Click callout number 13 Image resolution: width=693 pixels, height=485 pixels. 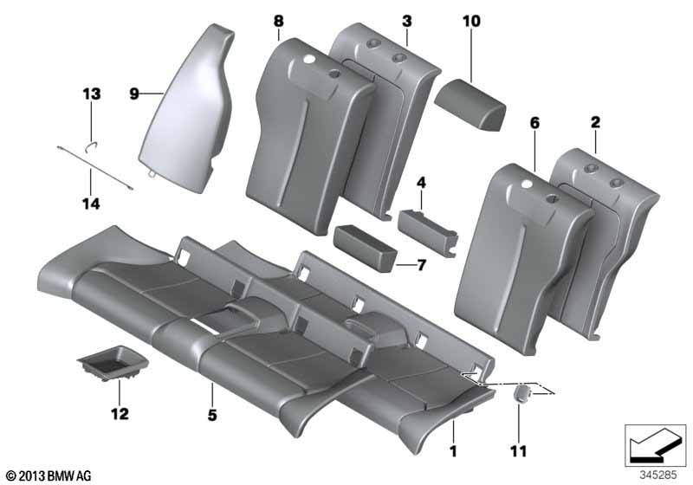pyautogui.click(x=92, y=93)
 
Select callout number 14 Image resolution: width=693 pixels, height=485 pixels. pyautogui.click(x=91, y=204)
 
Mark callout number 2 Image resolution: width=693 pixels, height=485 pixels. pyautogui.click(x=595, y=125)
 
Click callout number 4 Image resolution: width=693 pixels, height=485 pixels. pyautogui.click(x=421, y=183)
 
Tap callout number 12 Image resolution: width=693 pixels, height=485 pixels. pyautogui.click(x=119, y=414)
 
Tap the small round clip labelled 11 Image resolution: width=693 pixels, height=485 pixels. pyautogui.click(x=522, y=394)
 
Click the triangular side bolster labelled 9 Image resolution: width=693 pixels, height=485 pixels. pyautogui.click(x=186, y=104)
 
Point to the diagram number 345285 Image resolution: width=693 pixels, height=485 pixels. pyautogui.click(x=659, y=475)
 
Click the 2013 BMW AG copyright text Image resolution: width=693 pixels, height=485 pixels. pyautogui.click(x=48, y=475)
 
